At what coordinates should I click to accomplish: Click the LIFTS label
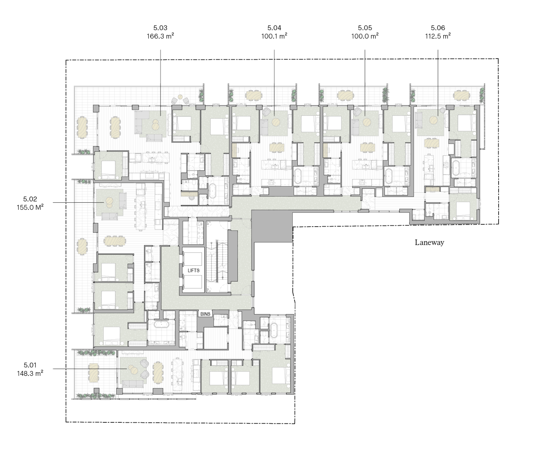pos(193,270)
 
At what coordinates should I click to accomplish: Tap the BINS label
pos(206,314)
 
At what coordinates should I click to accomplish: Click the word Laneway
pos(429,242)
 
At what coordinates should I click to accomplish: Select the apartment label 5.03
pos(160,28)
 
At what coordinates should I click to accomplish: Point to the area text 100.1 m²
pos(274,36)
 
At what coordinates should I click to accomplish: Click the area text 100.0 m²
pos(365,36)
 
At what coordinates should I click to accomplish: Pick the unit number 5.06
pos(438,28)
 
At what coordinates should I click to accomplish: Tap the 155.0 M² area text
pos(30,207)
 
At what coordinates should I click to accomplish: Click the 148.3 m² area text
pos(30,373)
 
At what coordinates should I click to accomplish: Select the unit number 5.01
pos(30,365)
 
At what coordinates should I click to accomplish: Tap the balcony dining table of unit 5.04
pos(254,95)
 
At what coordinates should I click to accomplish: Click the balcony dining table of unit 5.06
pos(461,95)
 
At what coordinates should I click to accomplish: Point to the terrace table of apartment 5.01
pos(94,373)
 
